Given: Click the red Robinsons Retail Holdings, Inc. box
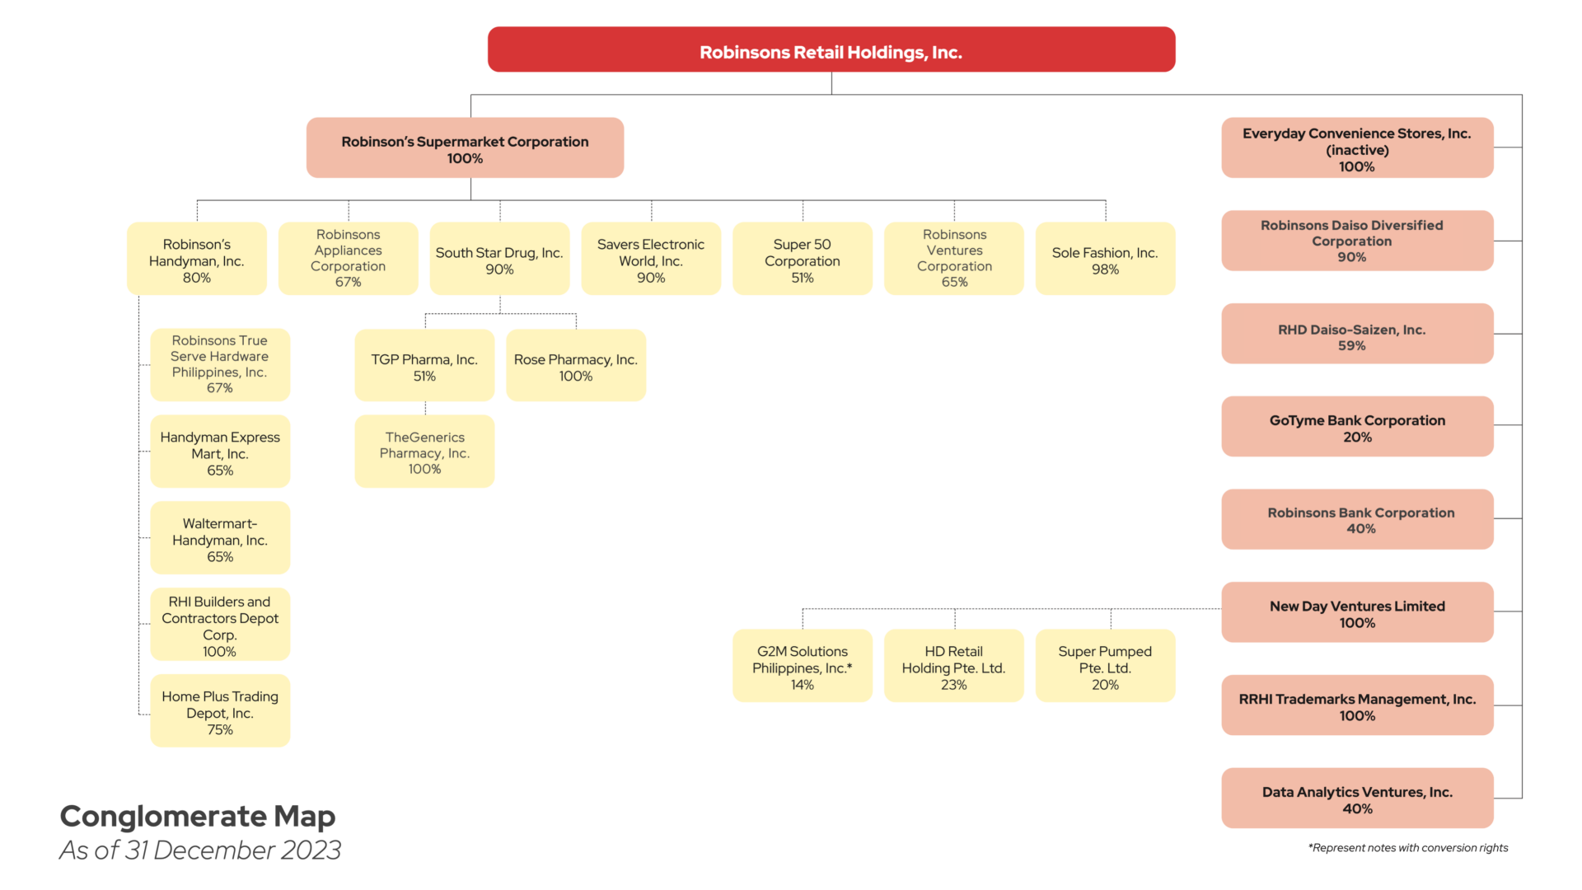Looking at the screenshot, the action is [x=831, y=49].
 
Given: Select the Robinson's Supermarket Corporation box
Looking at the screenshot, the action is [x=465, y=148].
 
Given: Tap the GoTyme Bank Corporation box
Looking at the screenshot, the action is [x=1357, y=426].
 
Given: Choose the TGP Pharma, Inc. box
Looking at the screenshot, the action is [x=424, y=365].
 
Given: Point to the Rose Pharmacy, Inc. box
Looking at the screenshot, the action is [x=576, y=365].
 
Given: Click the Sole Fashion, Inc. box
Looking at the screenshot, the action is [x=1105, y=258].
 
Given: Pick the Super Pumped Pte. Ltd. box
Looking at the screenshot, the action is [x=1105, y=665].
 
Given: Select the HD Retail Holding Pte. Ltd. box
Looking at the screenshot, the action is [x=954, y=665].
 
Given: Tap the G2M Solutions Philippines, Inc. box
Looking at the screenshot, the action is [x=803, y=665].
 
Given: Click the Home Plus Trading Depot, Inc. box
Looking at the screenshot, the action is [x=220, y=710].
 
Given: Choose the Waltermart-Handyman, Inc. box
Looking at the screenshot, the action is [x=220, y=537].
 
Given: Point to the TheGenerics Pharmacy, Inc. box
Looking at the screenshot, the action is [x=424, y=451].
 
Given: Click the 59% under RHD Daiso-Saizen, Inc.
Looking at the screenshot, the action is [x=1351, y=346].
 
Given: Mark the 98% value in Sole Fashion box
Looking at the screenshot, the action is [x=1105, y=269].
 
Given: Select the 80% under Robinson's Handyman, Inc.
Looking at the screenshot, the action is [x=197, y=278].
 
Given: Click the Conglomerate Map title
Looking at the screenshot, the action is [x=198, y=816].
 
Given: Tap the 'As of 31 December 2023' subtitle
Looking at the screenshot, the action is [x=200, y=850].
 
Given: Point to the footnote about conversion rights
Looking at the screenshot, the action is [x=1408, y=848].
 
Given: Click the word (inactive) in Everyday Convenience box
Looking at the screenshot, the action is [x=1357, y=150].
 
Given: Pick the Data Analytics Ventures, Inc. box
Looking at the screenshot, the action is [x=1357, y=798].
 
